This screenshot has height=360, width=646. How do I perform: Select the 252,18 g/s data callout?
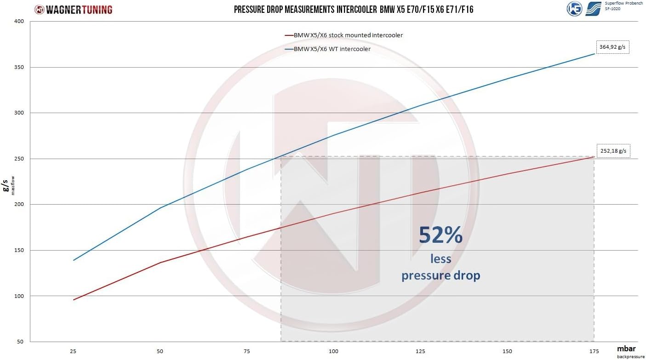click(x=613, y=151)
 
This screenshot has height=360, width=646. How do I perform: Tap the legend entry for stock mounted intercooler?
click(x=348, y=35)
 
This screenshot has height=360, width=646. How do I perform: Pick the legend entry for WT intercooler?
click(x=332, y=49)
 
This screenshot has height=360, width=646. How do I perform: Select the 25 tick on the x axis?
click(x=74, y=351)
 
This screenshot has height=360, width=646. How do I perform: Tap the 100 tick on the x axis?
click(x=334, y=351)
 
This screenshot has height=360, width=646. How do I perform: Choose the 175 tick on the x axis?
click(x=594, y=351)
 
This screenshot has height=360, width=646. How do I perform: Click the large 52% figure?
click(x=440, y=235)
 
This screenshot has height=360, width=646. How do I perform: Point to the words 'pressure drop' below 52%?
click(x=440, y=275)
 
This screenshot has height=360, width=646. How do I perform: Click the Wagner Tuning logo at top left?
click(x=74, y=9)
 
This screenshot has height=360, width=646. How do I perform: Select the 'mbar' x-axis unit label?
click(x=627, y=348)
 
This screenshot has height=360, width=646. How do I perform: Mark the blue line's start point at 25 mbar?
click(x=74, y=260)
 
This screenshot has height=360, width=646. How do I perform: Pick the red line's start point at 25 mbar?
click(x=74, y=300)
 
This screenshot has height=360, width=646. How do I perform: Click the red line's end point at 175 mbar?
click(x=594, y=157)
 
